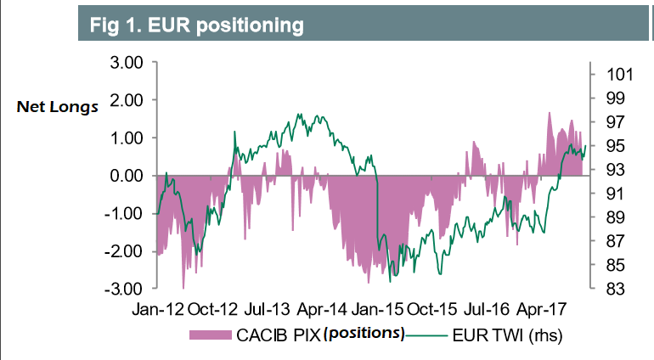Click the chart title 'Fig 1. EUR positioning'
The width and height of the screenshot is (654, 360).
(x=197, y=25)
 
